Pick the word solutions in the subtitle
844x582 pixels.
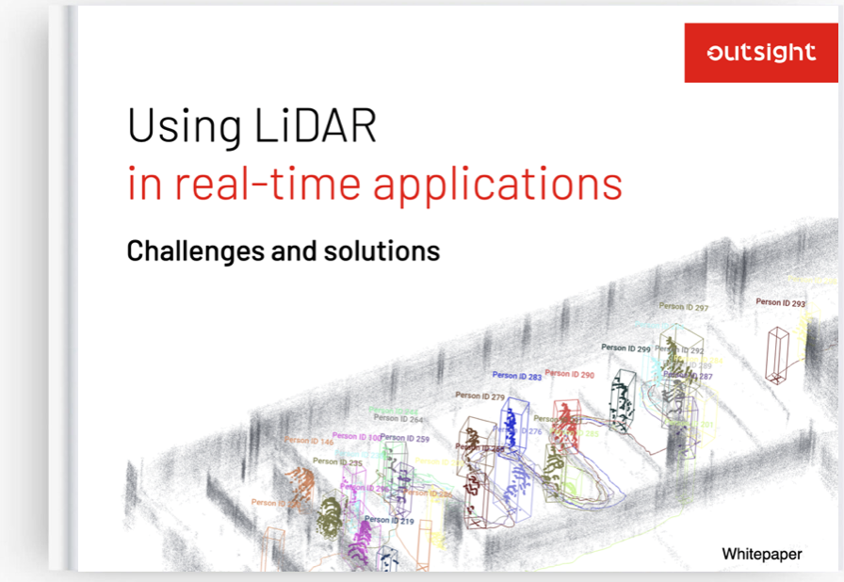pyautogui.click(x=392, y=251)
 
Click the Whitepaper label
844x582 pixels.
pyautogui.click(x=762, y=554)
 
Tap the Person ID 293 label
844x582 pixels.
pyautogui.click(x=780, y=303)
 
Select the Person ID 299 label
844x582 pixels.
pyautogui.click(x=625, y=348)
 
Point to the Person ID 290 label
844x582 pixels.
pyautogui.click(x=569, y=375)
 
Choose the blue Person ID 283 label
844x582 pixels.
pyautogui.click(x=516, y=377)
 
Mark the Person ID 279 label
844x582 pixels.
pyautogui.click(x=479, y=396)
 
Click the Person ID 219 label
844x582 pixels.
pyautogui.click(x=389, y=520)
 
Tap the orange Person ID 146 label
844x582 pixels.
pyautogui.click(x=308, y=441)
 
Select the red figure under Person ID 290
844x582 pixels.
pyautogui.click(x=564, y=424)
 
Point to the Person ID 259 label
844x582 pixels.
pyautogui.click(x=405, y=439)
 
